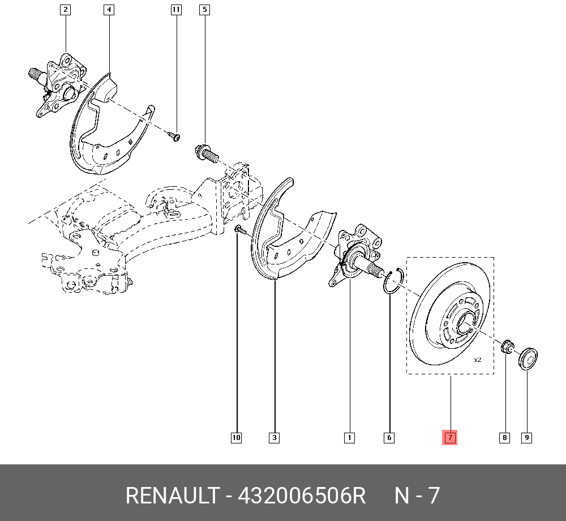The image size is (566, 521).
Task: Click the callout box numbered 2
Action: point(66,9)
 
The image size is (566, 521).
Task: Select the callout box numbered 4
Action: point(109,9)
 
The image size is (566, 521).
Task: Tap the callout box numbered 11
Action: point(176,9)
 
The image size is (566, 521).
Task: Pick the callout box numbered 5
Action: point(204,9)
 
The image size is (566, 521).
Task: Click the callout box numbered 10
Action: point(236,437)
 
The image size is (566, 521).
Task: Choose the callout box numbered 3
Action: point(275,437)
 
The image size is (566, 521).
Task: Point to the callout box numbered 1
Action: point(349,437)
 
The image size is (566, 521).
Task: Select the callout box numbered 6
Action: point(389,437)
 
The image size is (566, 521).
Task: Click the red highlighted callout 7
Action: point(449,437)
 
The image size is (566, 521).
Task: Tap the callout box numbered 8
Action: point(504,437)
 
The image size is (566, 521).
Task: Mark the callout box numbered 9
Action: point(526,437)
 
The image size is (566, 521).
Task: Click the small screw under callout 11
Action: point(175,136)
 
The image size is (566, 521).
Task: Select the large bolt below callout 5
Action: point(207,152)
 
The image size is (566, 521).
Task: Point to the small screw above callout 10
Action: point(238,229)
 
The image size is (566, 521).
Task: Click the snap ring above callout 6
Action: point(392,282)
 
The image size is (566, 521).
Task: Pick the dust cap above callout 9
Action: point(529,358)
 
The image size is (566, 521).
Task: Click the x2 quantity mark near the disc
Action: point(477,360)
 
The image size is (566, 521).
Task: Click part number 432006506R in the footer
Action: point(302,496)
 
